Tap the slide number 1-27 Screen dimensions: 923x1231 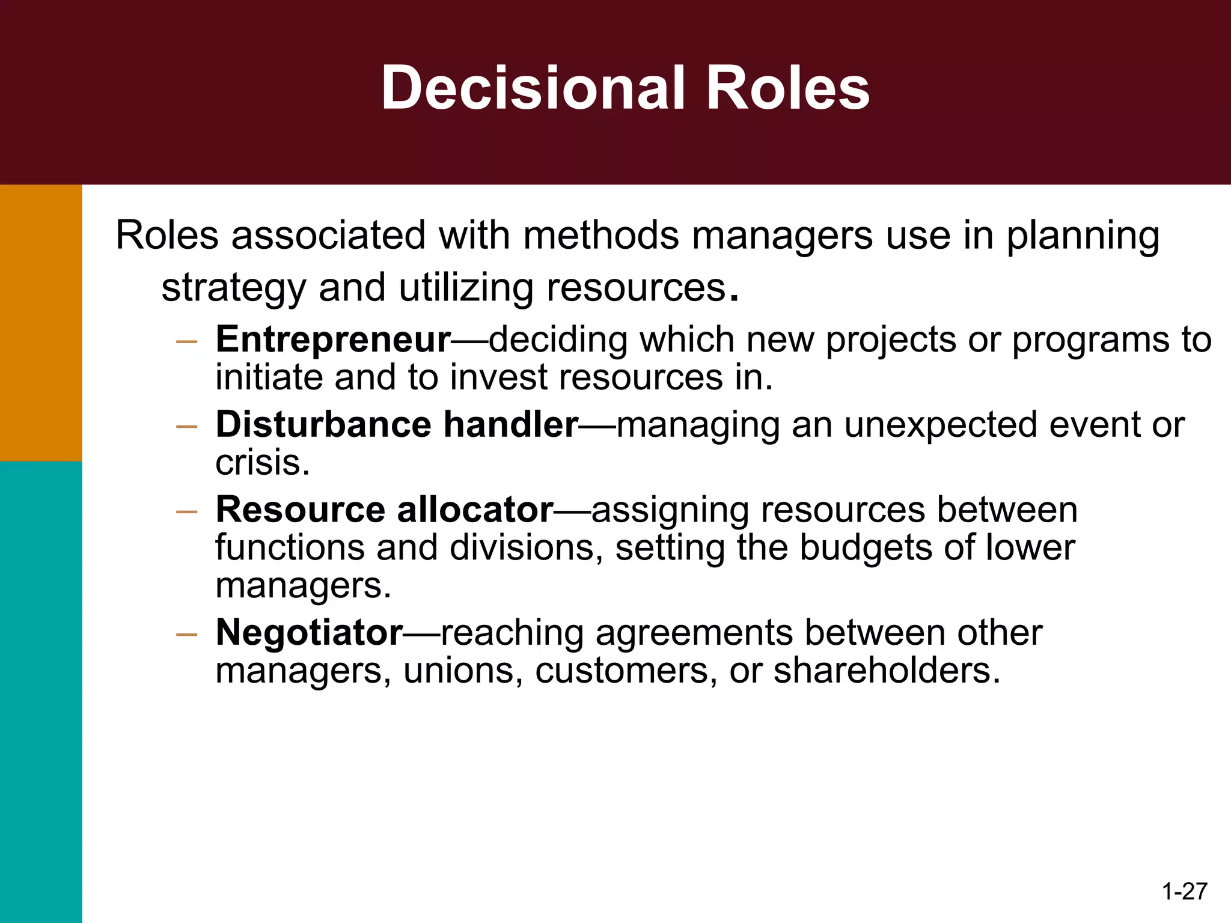click(x=1184, y=891)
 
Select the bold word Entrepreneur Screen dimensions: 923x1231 click(x=333, y=340)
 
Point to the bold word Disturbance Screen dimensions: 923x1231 click(x=323, y=425)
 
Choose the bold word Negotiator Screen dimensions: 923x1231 click(x=309, y=633)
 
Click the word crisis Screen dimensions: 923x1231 click(x=263, y=463)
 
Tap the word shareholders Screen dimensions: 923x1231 click(x=887, y=671)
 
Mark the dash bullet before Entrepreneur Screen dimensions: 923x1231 click(x=187, y=342)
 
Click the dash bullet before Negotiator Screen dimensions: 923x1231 click(x=187, y=635)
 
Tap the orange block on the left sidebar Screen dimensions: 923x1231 click(x=41, y=323)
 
